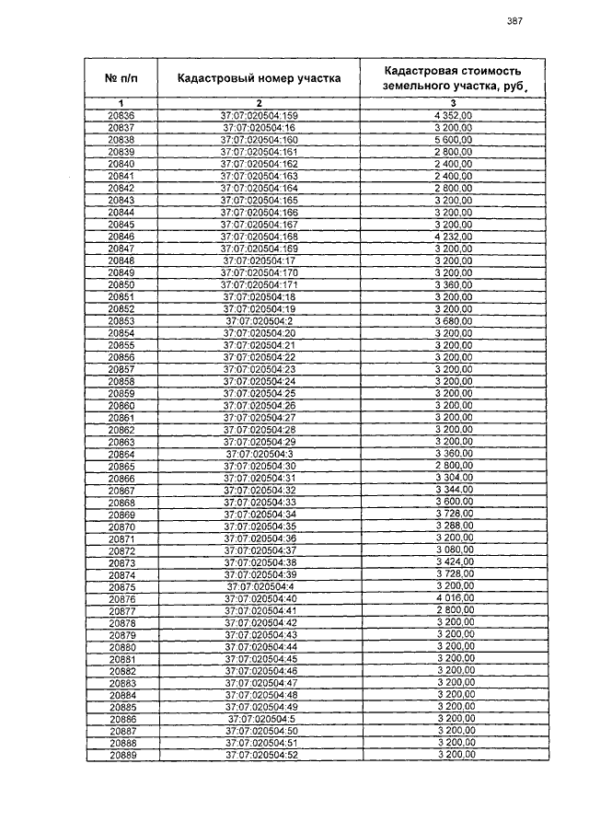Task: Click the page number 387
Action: point(514,21)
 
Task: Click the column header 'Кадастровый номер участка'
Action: point(259,78)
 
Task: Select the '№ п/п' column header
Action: point(121,78)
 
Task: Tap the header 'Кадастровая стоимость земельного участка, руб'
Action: point(454,77)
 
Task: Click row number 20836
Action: point(121,115)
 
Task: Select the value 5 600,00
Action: point(454,139)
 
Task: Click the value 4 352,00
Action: point(454,115)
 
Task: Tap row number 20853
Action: point(121,320)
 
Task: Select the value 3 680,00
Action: point(454,320)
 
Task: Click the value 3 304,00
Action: point(454,479)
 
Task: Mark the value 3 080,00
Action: point(454,550)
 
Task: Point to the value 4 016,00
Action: point(454,599)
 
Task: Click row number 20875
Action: point(121,586)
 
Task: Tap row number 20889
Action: point(121,755)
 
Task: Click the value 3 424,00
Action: point(454,562)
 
